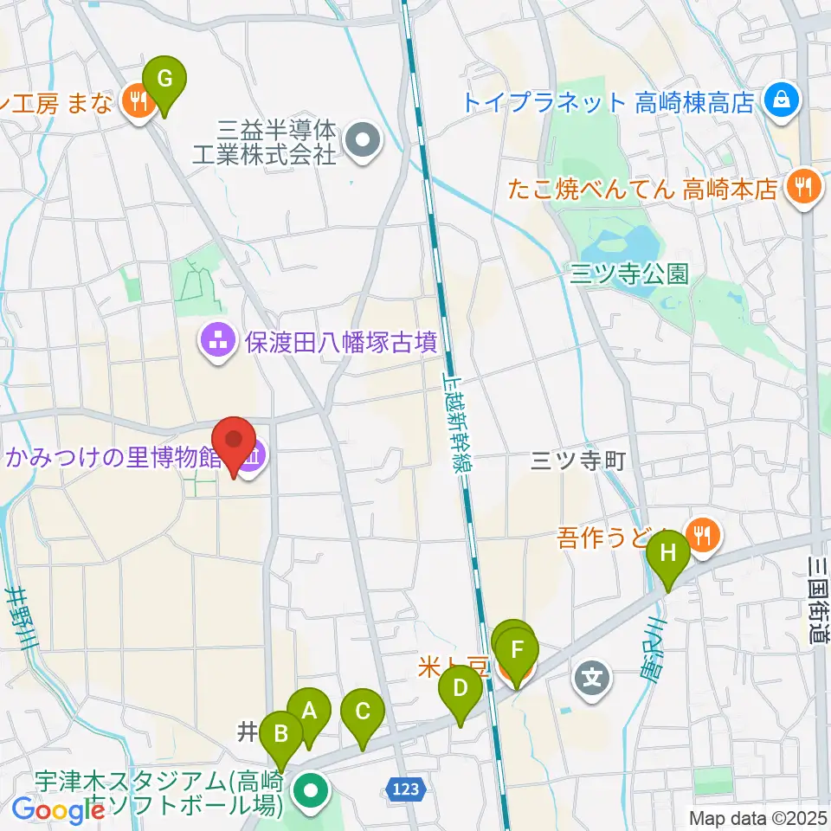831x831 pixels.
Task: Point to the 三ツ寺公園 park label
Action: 629,275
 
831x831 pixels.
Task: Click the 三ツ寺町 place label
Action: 578,462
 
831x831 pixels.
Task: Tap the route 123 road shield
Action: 404,789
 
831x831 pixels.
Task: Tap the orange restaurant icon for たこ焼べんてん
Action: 804,187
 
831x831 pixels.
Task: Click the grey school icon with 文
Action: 592,675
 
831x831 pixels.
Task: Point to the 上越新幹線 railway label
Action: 455,423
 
